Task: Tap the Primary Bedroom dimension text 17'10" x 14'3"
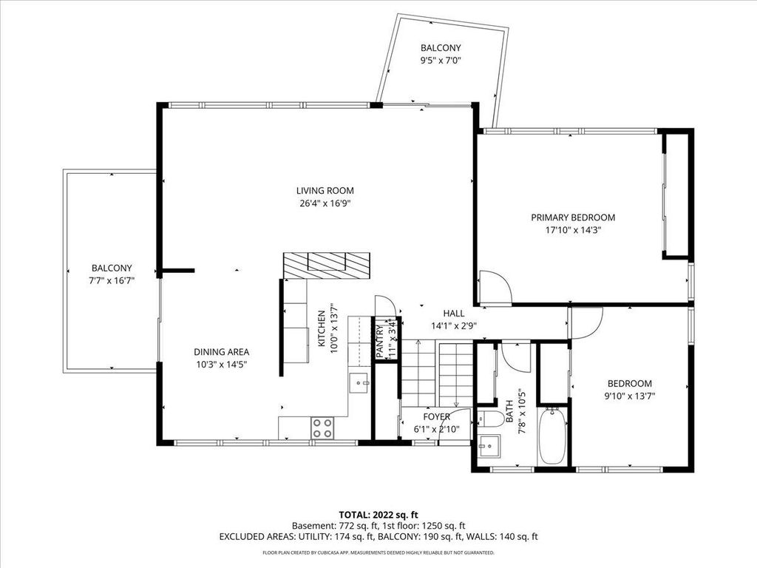[573, 230]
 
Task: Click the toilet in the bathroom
[490, 419]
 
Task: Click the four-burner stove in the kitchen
[322, 427]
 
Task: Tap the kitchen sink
[360, 382]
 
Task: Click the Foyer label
[436, 416]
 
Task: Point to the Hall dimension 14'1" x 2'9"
[453, 325]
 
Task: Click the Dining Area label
[221, 352]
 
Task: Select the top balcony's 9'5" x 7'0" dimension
[441, 61]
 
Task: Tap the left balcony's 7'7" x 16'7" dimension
[112, 280]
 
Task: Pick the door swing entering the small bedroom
[586, 322]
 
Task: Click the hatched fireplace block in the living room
[326, 265]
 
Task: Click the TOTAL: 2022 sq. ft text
[378, 514]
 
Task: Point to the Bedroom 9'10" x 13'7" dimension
[629, 396]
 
